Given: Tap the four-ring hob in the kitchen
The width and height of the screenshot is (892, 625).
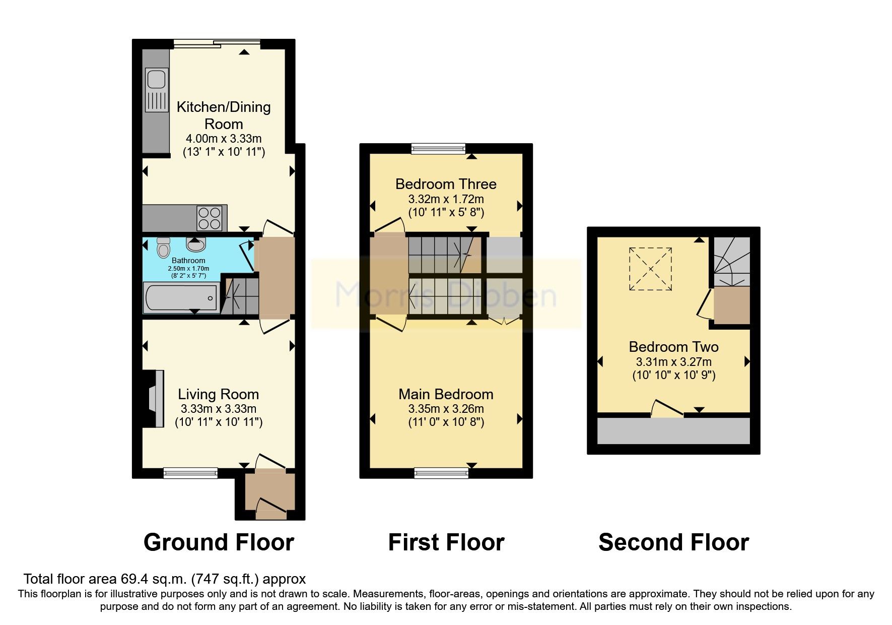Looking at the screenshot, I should [210, 218].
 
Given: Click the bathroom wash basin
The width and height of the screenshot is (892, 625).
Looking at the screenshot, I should [195, 244].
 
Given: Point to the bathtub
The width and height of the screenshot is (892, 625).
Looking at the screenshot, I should [181, 297].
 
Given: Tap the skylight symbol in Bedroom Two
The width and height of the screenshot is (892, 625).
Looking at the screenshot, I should [650, 269].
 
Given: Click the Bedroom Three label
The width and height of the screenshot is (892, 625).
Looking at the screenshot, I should [446, 184].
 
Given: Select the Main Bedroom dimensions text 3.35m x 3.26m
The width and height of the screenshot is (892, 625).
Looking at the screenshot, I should [446, 409].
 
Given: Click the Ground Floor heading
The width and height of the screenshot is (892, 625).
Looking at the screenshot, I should [219, 542].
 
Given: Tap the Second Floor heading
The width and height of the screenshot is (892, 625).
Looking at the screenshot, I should [673, 542].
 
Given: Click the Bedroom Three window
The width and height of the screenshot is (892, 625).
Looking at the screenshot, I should [438, 148].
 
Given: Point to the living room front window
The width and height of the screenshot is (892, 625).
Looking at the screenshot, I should [190, 473].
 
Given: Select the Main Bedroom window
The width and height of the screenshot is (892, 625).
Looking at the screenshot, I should [441, 473].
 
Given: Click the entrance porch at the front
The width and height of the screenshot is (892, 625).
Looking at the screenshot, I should [270, 494].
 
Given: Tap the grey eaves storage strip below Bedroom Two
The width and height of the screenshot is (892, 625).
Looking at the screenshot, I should [673, 430].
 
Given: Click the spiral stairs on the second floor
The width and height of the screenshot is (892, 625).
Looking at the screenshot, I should [730, 262].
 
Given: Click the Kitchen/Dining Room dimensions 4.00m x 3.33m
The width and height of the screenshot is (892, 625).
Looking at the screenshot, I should [224, 139].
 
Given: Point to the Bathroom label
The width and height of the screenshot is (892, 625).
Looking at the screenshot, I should [188, 261].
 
